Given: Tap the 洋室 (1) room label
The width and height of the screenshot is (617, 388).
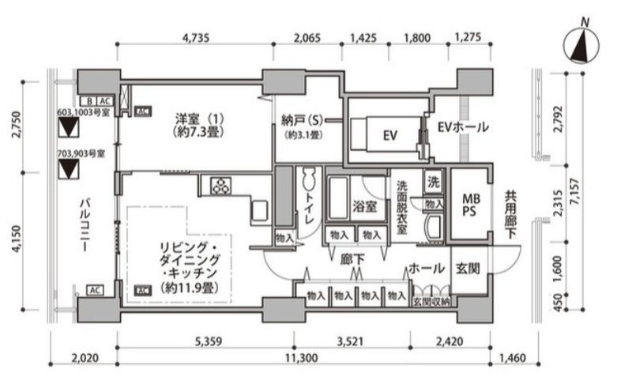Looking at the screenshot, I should (198, 126).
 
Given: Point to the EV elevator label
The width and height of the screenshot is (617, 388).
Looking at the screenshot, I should (389, 136).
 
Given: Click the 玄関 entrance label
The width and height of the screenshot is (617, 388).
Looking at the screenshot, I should (468, 269).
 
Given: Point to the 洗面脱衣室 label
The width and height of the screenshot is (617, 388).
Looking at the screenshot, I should (403, 207).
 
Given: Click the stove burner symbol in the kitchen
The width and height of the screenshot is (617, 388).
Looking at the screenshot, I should (220, 186).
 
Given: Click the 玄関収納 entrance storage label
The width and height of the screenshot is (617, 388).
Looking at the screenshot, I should (431, 302).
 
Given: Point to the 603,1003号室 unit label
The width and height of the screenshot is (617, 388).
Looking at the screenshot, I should (82, 113).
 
